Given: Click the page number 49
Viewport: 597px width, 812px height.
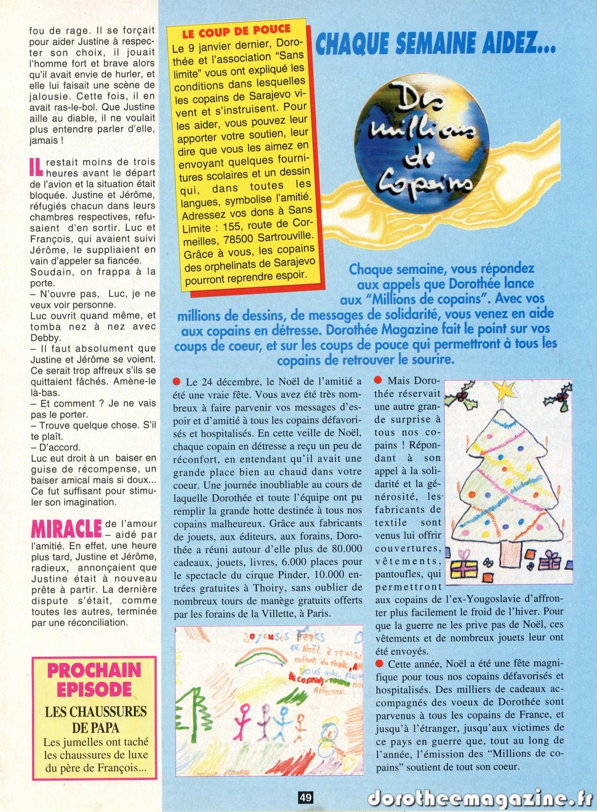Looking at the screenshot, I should point(305,797).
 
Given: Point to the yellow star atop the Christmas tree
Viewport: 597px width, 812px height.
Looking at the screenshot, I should point(504,391).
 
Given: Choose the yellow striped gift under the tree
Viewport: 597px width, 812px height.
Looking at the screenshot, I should point(463,569).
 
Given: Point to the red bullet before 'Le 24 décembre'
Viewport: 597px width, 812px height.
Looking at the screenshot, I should point(177,382).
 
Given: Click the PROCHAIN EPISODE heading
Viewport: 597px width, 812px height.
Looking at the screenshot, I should point(94,680).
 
